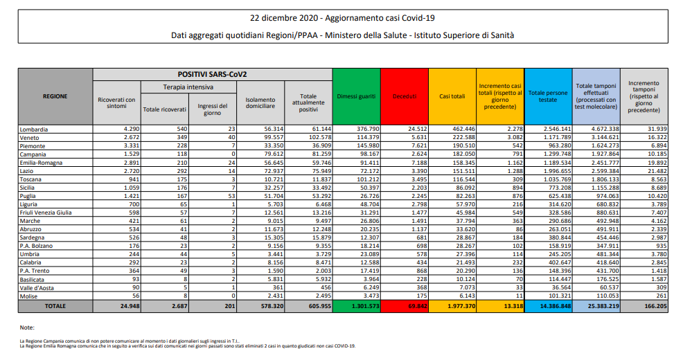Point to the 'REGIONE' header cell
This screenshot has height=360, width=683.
(x=55, y=96)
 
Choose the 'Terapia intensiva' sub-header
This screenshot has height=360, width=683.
(x=188, y=87)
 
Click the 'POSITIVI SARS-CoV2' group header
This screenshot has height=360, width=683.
(x=213, y=73)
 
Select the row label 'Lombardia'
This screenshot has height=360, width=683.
(x=34, y=129)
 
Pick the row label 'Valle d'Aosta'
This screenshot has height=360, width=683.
(x=37, y=287)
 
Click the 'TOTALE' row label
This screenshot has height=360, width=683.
(x=55, y=304)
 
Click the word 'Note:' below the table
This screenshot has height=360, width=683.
(x=28, y=327)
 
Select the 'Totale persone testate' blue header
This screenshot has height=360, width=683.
(x=548, y=96)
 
